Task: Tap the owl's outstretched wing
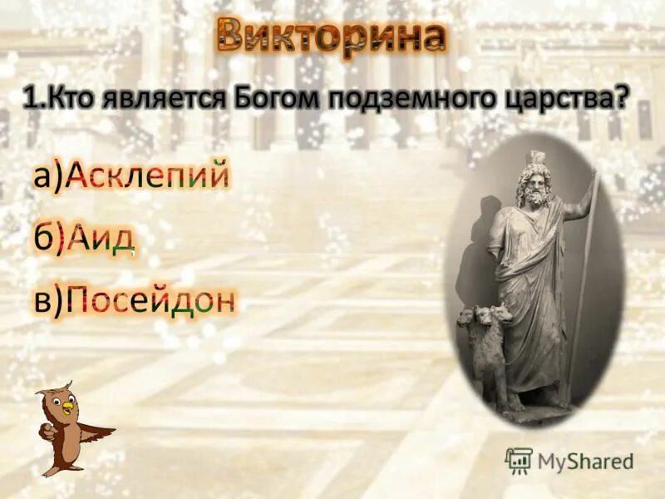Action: click(x=94, y=432)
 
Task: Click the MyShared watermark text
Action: click(x=585, y=461)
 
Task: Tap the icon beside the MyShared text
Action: click(x=519, y=461)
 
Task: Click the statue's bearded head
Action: click(x=532, y=183)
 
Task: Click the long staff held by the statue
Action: click(x=584, y=283)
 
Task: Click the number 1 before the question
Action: click(x=30, y=100)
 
